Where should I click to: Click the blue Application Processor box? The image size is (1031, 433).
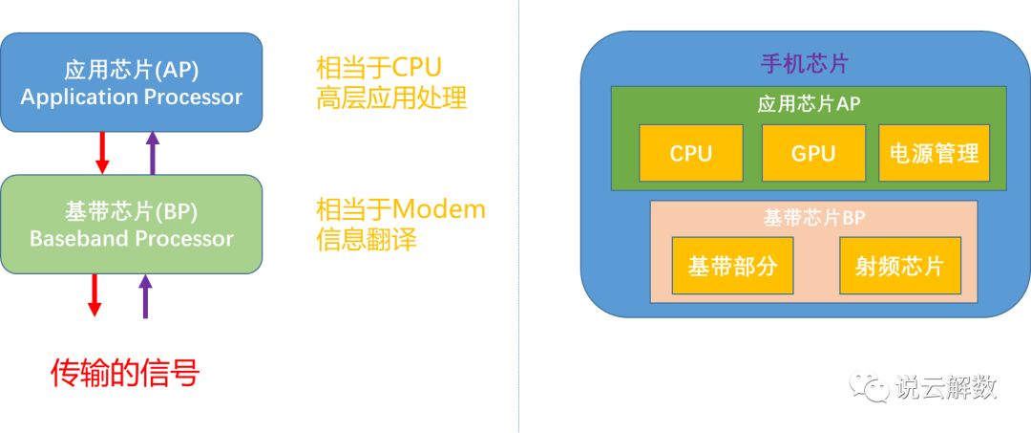(131, 83)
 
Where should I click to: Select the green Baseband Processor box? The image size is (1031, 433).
(131, 225)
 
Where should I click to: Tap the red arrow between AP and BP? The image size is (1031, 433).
(102, 153)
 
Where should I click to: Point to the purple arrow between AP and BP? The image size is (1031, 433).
(152, 153)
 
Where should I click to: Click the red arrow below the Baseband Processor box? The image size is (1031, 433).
(95, 294)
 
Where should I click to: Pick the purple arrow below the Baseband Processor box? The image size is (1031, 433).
(145, 294)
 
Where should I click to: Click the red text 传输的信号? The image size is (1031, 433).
(124, 373)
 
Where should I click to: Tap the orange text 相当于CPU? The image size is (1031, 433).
(379, 69)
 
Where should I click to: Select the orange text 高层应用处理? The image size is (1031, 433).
(391, 97)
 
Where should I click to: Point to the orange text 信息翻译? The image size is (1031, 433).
(367, 238)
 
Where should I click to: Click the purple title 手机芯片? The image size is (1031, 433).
(804, 65)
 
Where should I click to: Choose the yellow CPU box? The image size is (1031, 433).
(690, 153)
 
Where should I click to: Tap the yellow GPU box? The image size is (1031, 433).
(812, 153)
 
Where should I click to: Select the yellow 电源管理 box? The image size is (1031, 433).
(934, 153)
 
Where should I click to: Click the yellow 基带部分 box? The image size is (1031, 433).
(726, 266)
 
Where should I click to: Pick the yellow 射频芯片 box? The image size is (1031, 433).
(899, 266)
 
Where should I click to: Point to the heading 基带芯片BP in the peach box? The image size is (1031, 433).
(813, 217)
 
